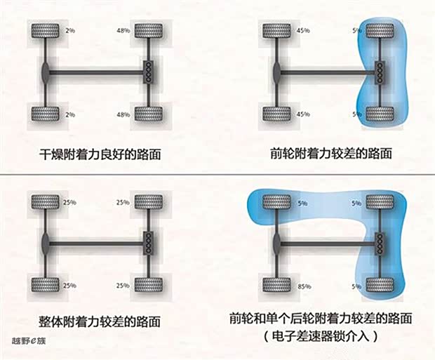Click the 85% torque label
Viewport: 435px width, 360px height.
(304, 286)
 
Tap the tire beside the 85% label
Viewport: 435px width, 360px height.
(276, 285)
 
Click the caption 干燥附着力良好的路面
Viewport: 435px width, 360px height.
(100, 154)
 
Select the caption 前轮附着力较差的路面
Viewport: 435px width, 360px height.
(331, 154)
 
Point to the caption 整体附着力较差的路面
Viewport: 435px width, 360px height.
(100, 321)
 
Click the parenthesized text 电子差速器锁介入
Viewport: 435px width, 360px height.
(321, 336)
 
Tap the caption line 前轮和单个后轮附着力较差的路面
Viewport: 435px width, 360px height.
(321, 319)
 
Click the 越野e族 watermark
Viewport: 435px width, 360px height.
(29, 341)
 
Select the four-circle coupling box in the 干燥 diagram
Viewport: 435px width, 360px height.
(149, 72)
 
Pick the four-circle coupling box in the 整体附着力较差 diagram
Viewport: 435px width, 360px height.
(149, 243)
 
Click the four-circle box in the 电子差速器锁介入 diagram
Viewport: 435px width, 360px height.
(380, 244)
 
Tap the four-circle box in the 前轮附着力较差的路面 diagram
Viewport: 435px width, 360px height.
(380, 72)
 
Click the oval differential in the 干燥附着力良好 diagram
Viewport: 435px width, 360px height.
(46, 73)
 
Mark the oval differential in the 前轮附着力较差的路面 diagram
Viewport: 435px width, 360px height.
(277, 73)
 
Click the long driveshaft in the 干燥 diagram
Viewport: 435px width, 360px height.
(96, 73)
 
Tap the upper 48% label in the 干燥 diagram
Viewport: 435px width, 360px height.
(123, 31)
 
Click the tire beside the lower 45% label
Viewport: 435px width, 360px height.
(276, 114)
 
